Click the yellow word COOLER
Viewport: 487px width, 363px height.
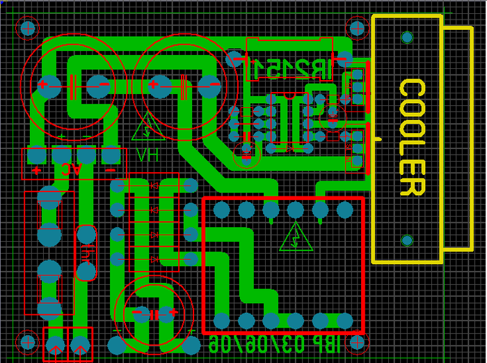[411, 138]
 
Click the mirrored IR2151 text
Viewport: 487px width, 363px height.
[290, 68]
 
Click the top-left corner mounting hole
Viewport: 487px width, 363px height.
[28, 28]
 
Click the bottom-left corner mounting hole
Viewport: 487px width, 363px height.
[28, 342]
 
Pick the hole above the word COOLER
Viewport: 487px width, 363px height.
[407, 37]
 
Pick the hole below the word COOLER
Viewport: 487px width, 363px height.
[407, 240]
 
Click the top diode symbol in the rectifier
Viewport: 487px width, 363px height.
[154, 186]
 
